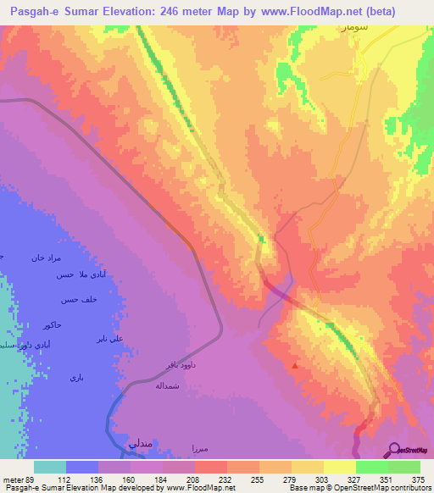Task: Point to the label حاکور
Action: click(49, 324)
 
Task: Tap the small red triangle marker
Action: click(294, 366)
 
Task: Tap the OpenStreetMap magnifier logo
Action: click(393, 450)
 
